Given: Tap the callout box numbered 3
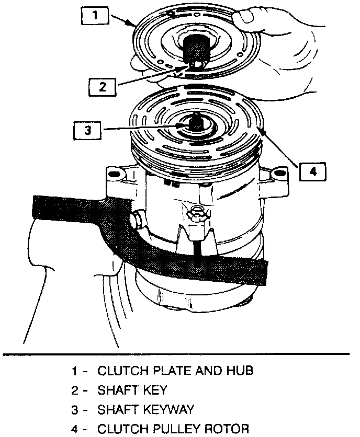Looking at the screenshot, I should tap(87, 129).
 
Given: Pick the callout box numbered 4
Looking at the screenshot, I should tap(312, 171).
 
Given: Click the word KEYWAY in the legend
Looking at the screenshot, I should tap(167, 409).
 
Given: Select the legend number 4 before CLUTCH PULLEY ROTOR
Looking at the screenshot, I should tap(75, 429).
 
